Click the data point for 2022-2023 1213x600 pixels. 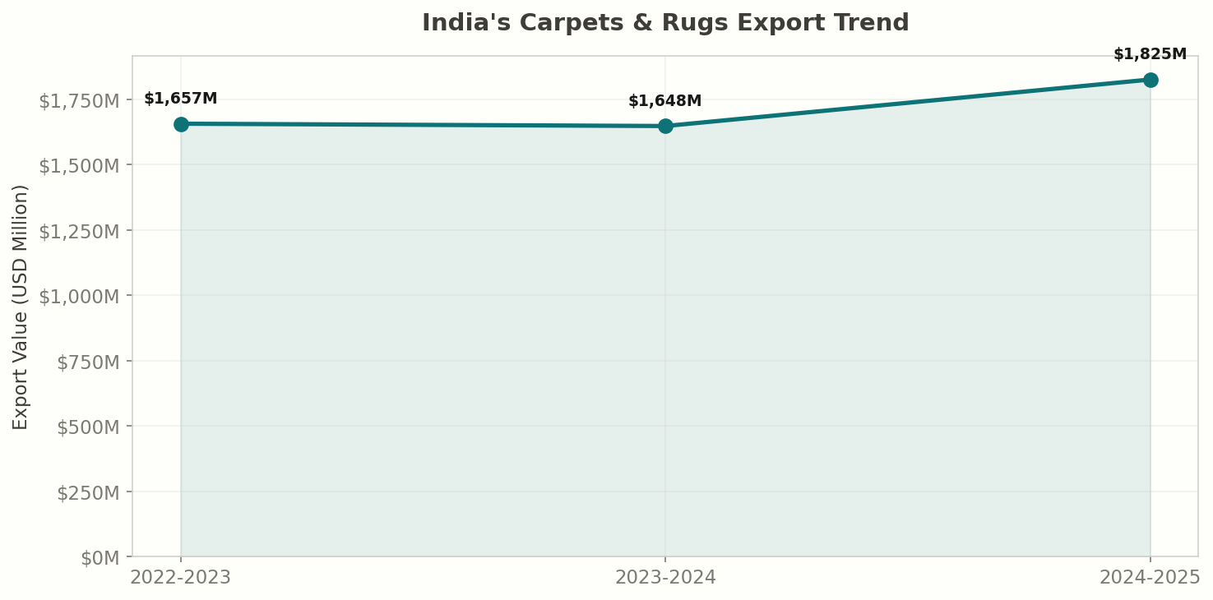[181, 124]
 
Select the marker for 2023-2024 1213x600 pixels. [665, 126]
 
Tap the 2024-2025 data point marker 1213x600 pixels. [1150, 80]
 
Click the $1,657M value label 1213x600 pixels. [181, 99]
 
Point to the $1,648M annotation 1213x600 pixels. [665, 101]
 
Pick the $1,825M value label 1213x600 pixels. [1150, 54]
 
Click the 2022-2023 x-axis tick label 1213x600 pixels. [181, 577]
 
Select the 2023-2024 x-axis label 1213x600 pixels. [665, 577]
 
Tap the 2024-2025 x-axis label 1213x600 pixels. [1150, 577]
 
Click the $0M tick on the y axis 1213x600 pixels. [100, 558]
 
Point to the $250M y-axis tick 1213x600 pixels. [88, 492]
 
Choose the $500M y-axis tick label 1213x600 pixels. [88, 427]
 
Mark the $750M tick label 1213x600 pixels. [88, 362]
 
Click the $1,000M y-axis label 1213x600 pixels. [79, 296]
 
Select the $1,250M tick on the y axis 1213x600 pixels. [79, 231]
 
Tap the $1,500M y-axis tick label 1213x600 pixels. [79, 166]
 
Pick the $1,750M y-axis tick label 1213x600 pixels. [79, 101]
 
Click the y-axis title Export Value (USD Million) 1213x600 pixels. [21, 307]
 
